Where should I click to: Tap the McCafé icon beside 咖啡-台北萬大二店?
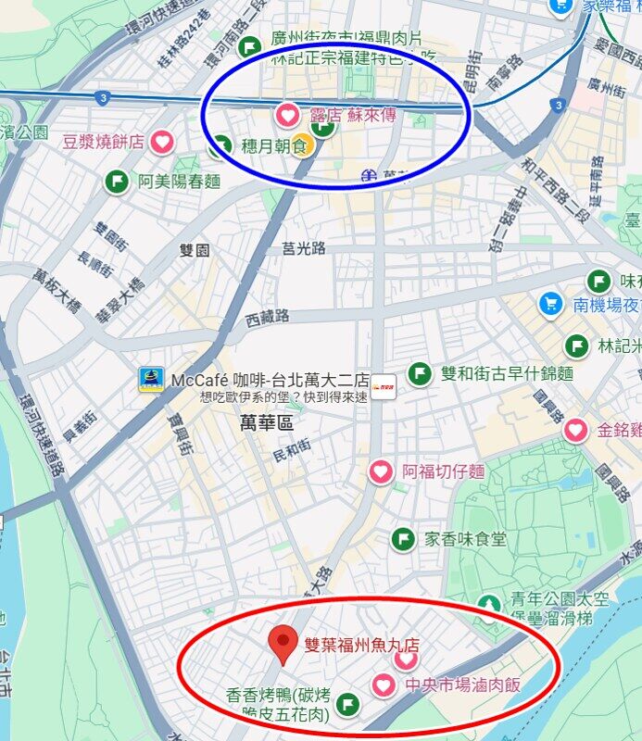coord(151,379)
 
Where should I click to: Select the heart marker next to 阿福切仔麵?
coord(381,471)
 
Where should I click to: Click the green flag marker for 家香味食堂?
coord(403,538)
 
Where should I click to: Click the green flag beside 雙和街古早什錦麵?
coord(420,373)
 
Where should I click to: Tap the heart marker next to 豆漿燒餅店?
coord(163,142)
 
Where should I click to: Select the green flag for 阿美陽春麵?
coord(118,182)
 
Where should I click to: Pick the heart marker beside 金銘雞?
coord(575,430)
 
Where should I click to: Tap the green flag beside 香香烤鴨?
coord(347,705)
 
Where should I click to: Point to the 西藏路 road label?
coord(268,317)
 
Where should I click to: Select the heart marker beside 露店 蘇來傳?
coord(288,116)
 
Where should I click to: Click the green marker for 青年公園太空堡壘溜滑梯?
coord(489,605)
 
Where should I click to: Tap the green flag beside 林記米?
coord(577,345)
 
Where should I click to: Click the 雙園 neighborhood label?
coord(195,250)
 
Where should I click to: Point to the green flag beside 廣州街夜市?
coord(249,46)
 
